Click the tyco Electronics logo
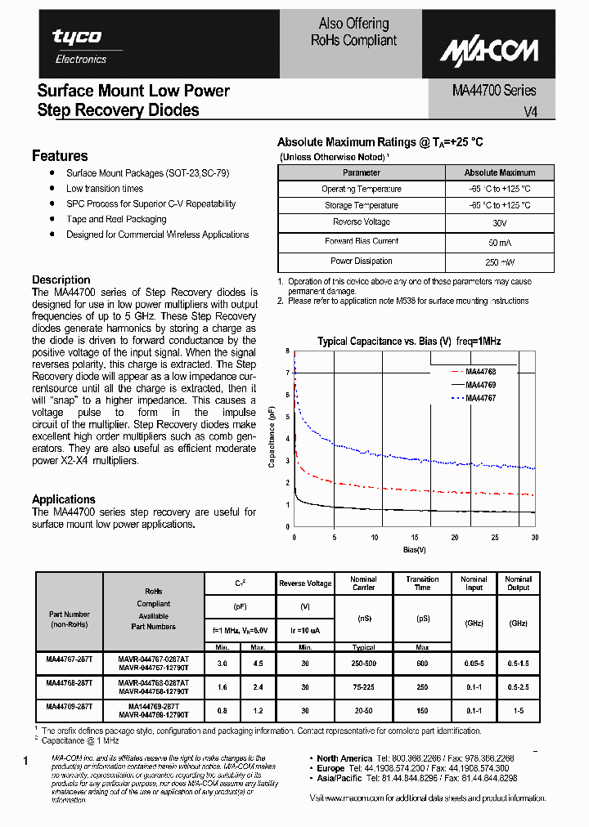click(x=79, y=45)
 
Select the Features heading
click(x=60, y=156)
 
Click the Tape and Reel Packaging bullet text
click(x=116, y=219)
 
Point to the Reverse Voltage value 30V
click(x=499, y=222)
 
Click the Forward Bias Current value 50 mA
click(x=499, y=243)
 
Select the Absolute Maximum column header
click(x=499, y=172)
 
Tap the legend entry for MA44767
click(x=481, y=398)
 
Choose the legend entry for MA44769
click(x=481, y=385)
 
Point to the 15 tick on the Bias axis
click(x=415, y=538)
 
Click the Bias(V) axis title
click(x=415, y=550)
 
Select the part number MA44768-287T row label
click(x=69, y=682)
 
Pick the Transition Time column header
click(x=422, y=583)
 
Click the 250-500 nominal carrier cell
click(x=363, y=664)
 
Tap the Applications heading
click(x=64, y=499)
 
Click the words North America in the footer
click(x=344, y=758)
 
